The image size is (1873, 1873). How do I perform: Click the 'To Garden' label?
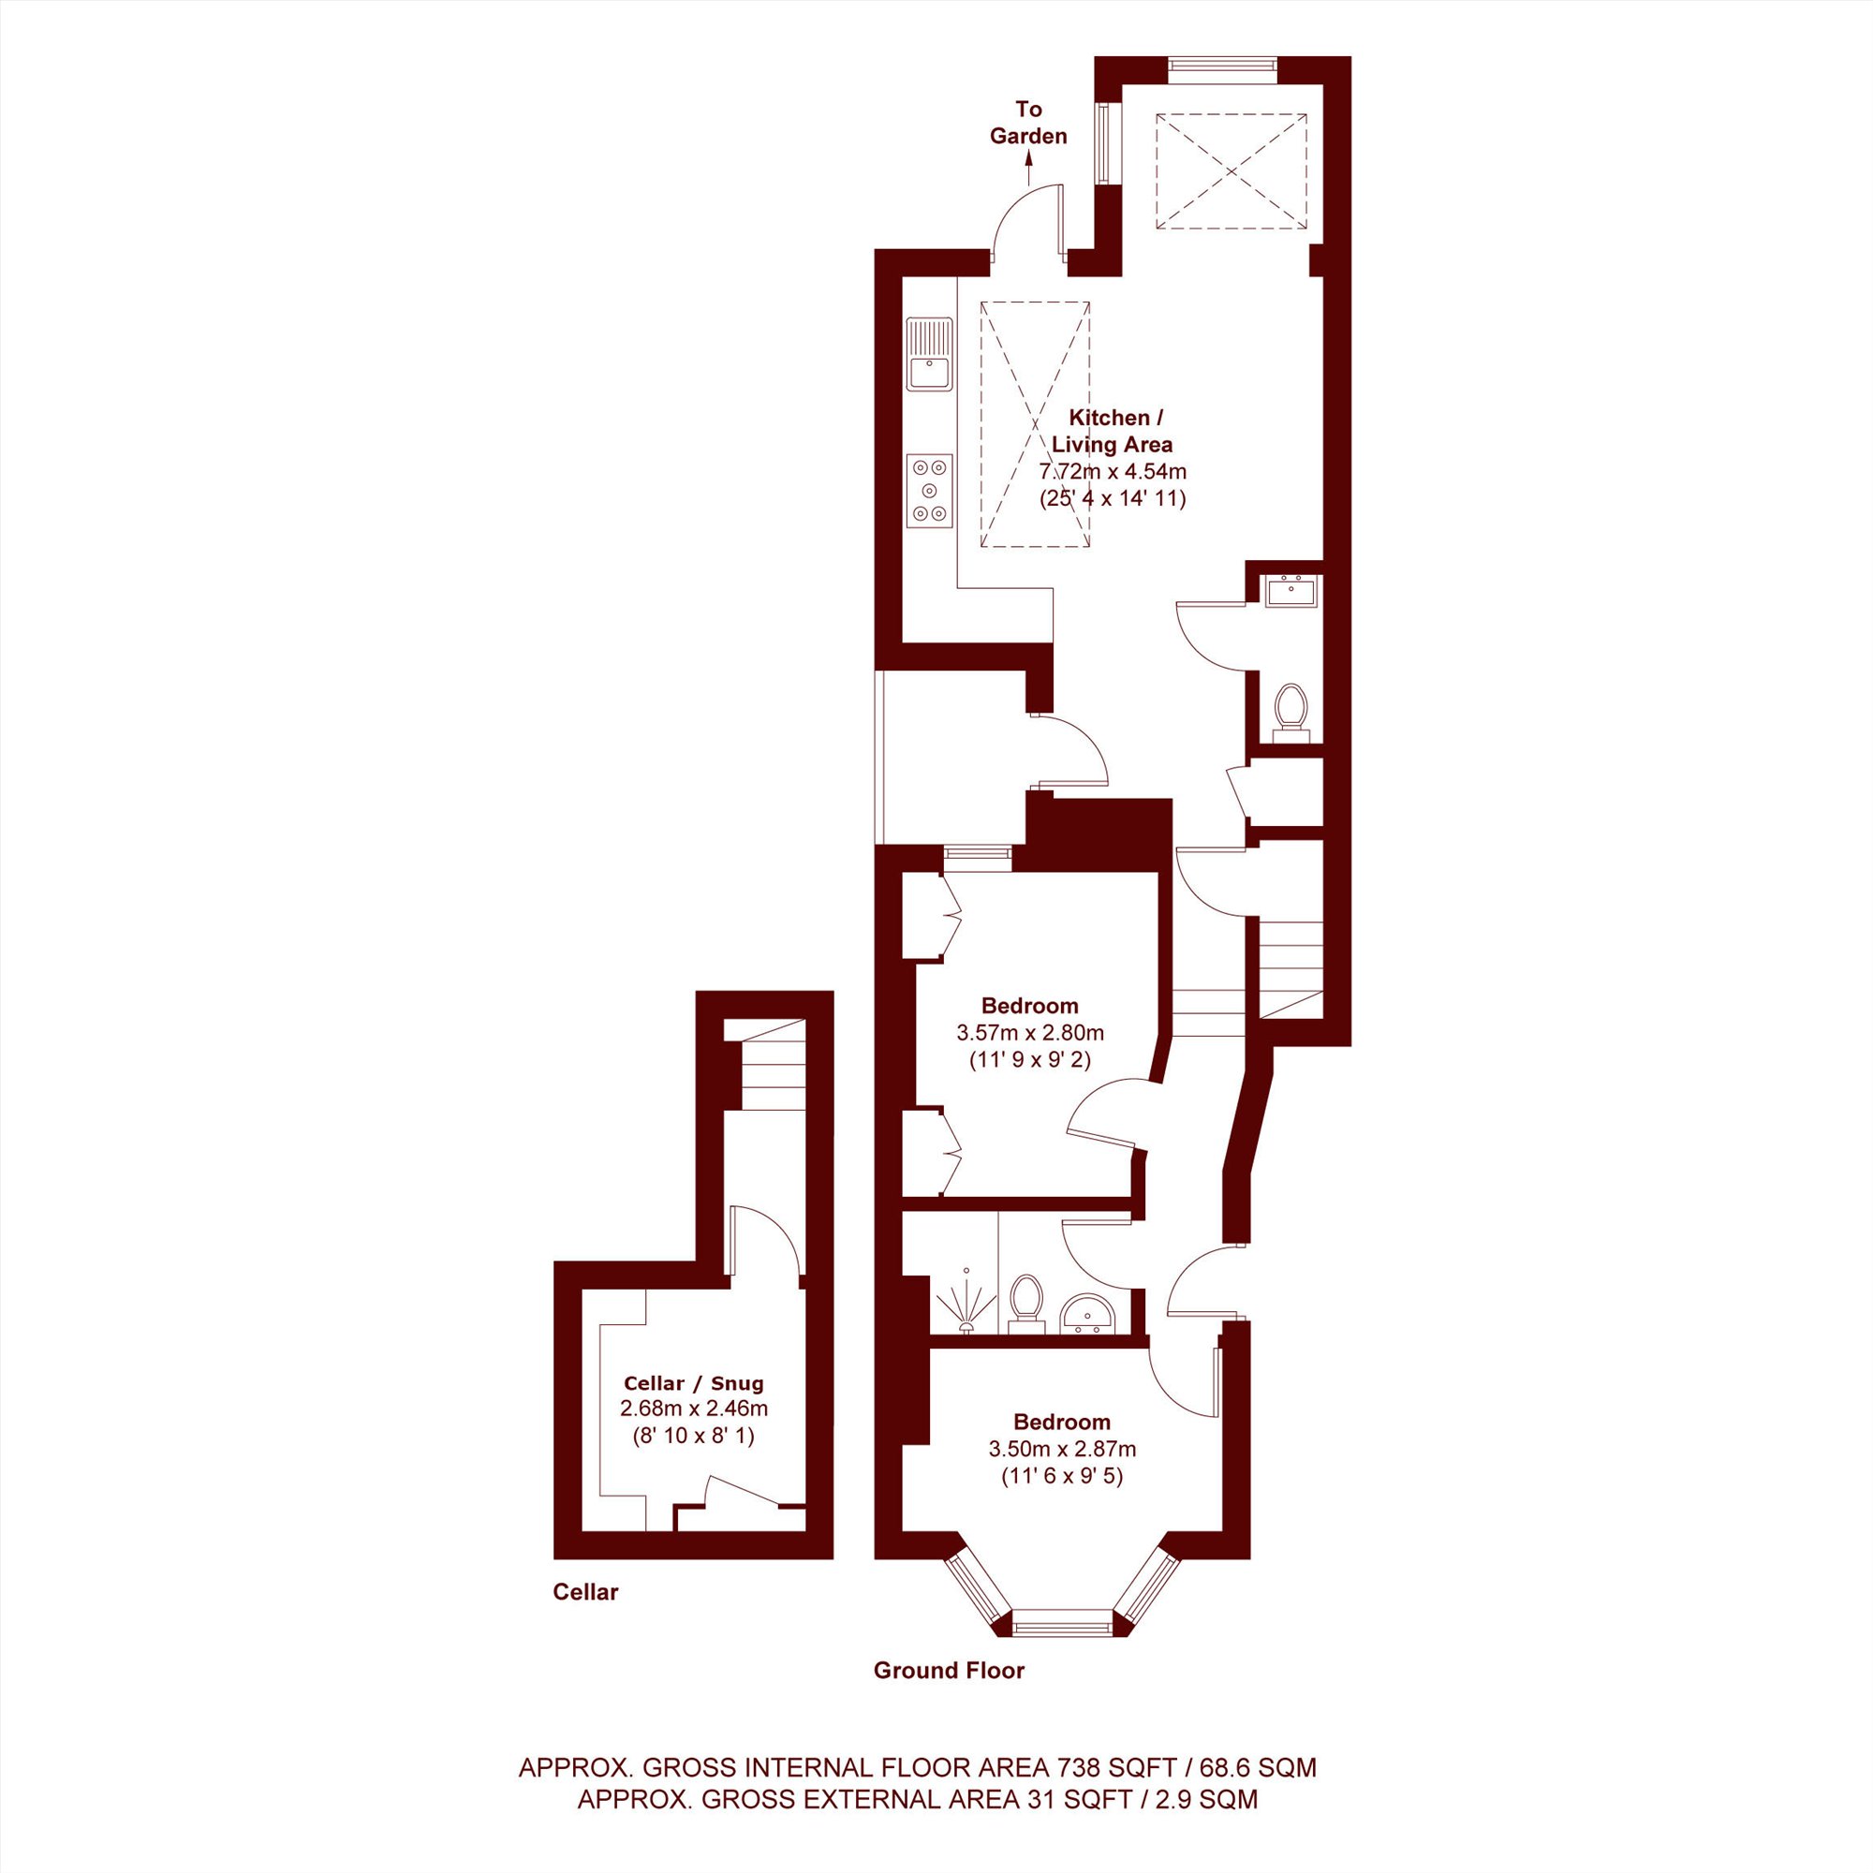pos(1027,123)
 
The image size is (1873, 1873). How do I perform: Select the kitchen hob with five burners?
pos(929,492)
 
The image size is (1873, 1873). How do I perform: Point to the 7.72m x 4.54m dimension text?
pos(1113,472)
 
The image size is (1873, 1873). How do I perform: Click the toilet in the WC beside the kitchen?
pos(1290,713)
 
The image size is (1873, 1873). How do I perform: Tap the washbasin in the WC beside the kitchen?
pos(1290,590)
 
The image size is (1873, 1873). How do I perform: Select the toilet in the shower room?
pos(1025,1304)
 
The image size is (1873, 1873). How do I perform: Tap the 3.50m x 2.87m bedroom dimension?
pos(1062,1450)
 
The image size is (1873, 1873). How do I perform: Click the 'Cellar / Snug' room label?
pos(693,1383)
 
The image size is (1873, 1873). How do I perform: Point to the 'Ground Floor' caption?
pos(949,1671)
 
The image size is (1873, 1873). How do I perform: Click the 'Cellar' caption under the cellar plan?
pos(585,1592)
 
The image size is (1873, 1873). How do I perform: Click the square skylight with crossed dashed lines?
pos(1231,171)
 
